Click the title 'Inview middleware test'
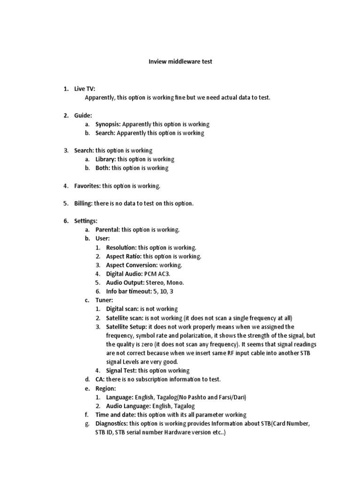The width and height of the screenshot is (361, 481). [x=180, y=62]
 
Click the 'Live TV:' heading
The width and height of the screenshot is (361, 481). [x=84, y=88]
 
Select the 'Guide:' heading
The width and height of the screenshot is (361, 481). [x=83, y=115]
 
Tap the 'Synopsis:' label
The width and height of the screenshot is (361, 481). [x=108, y=124]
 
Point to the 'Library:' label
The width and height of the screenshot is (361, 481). [x=105, y=159]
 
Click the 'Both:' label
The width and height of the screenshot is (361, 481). [x=102, y=168]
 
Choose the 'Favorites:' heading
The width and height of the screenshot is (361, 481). [x=87, y=186]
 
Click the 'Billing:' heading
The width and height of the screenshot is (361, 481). [x=84, y=203]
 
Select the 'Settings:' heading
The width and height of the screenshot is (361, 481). [x=86, y=221]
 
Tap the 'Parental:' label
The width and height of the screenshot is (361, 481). [x=108, y=230]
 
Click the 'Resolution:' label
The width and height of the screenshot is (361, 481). [x=121, y=247]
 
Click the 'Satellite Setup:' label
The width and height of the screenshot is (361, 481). [x=127, y=326]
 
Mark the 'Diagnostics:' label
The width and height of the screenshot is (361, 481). [x=114, y=424]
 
